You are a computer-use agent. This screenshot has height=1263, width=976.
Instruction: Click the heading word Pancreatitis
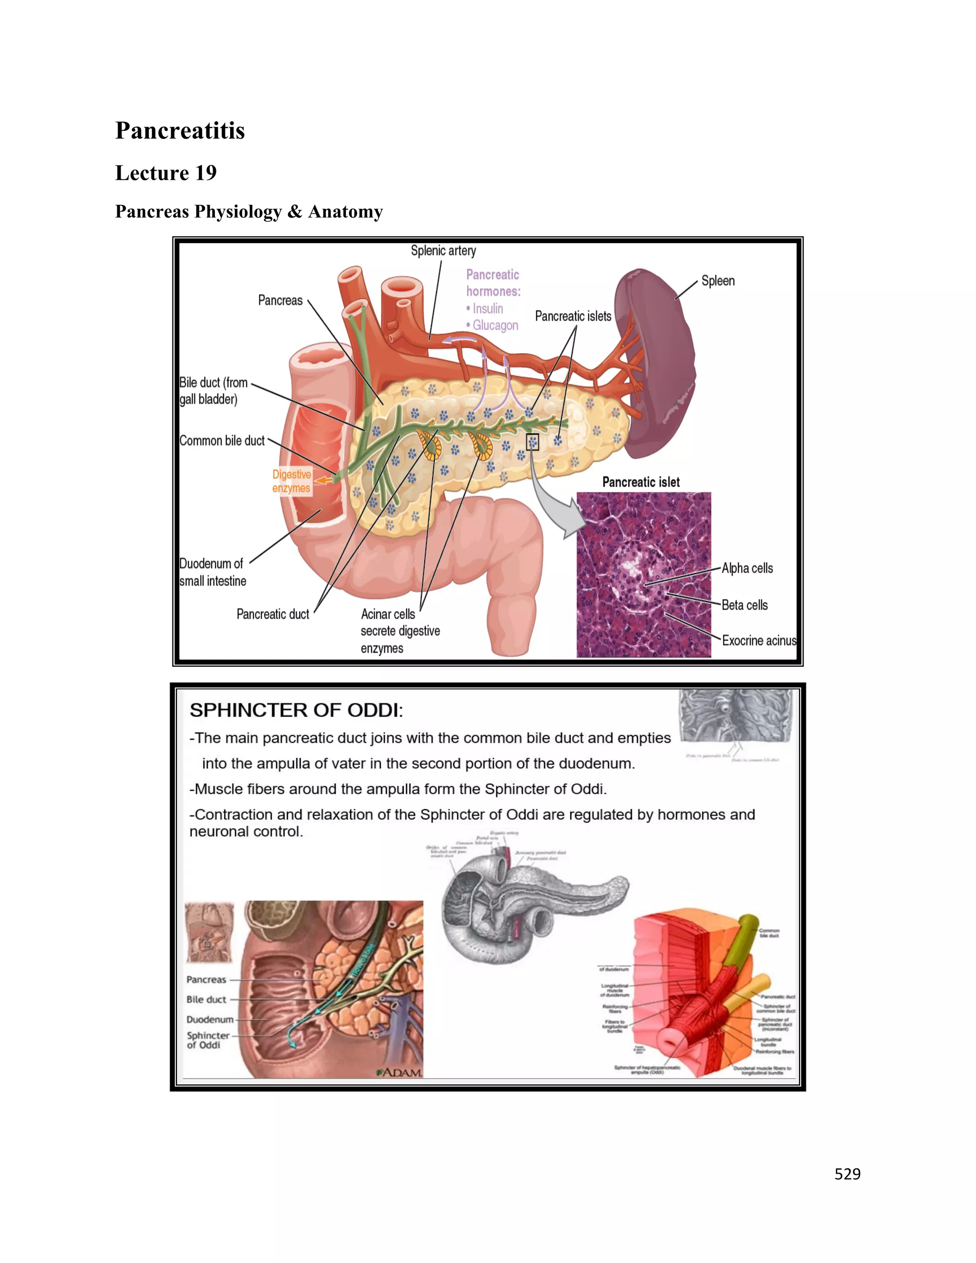point(180,131)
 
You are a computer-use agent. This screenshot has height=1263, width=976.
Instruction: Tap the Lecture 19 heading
point(166,173)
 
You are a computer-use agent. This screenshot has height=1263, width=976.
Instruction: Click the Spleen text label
point(718,281)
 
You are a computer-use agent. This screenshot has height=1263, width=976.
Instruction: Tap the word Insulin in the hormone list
point(488,309)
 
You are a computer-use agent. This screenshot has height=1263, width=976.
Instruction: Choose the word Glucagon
point(495,326)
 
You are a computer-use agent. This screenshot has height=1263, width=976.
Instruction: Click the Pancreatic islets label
point(572,316)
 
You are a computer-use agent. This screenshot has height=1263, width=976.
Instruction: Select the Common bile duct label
point(222,441)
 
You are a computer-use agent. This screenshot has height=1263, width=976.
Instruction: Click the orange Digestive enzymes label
point(291,481)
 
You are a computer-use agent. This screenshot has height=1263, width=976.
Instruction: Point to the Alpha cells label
point(747,569)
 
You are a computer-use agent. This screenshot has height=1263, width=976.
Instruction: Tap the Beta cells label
point(745,605)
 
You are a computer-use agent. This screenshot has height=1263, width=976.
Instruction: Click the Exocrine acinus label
point(759,641)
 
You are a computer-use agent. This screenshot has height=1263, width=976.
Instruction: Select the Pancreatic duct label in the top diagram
point(273,614)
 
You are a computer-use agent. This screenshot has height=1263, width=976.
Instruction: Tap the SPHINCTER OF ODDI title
point(296,710)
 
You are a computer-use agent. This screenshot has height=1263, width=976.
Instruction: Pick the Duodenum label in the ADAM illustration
point(210,1019)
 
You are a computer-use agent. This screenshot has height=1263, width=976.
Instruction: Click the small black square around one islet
point(532,442)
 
